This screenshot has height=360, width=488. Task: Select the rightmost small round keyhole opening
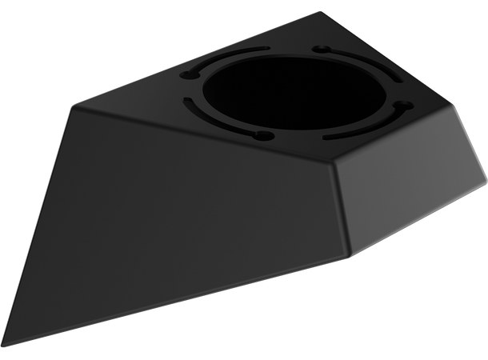403,105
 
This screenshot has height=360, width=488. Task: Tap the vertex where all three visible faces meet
334,163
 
